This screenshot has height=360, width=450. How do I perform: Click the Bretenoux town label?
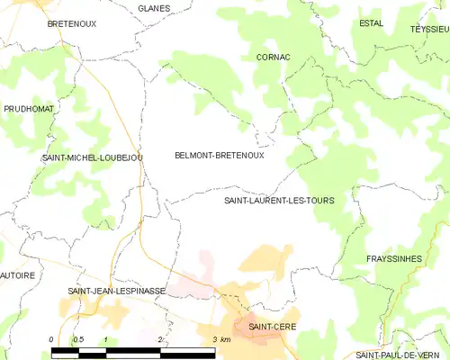click(x=72, y=24)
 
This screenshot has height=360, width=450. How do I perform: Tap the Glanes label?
click(x=155, y=8)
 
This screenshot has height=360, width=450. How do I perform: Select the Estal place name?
click(x=370, y=23)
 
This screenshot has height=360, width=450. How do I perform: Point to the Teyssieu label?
click(x=429, y=29)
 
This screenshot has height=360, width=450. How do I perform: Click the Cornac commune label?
click(x=273, y=57)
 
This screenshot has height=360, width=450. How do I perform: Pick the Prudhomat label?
click(x=29, y=108)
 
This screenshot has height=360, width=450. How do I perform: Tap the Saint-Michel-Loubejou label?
click(x=92, y=157)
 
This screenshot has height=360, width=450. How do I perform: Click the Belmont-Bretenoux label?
click(x=219, y=155)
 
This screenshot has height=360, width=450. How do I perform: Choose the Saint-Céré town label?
click(x=272, y=326)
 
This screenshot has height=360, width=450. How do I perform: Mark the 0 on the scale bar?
click(x=52, y=338)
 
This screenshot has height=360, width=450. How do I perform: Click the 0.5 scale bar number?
click(x=78, y=338)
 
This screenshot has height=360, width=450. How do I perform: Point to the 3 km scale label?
click(x=221, y=338)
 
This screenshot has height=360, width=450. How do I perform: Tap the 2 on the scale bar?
click(x=159, y=338)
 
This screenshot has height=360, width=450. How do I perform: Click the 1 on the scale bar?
click(x=106, y=338)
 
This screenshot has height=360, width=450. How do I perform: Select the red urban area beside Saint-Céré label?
click(x=257, y=335)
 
